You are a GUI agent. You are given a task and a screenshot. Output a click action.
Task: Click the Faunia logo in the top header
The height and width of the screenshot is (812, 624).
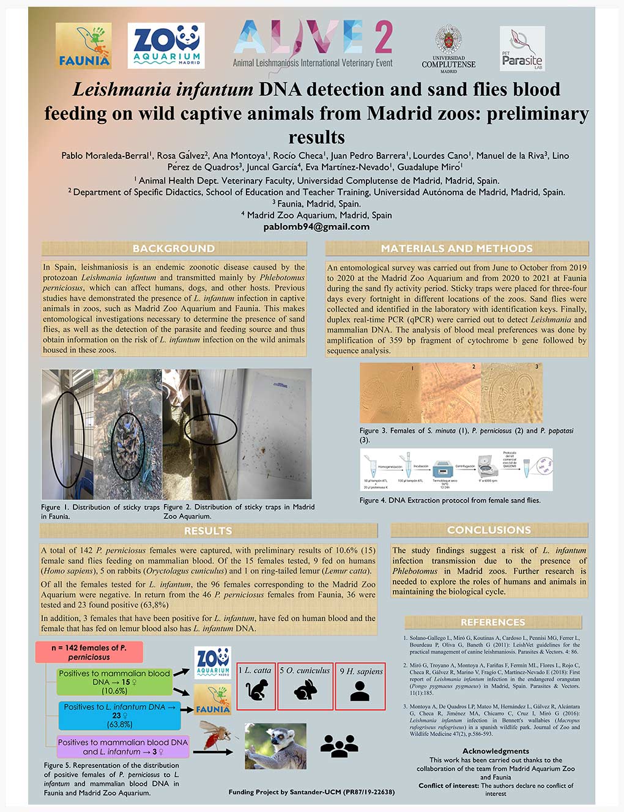click(x=83, y=46)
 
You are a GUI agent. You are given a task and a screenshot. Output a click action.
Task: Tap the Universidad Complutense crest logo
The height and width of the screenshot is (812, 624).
click(x=448, y=48)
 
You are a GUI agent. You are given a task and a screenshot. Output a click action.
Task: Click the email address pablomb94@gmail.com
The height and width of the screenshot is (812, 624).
click(x=316, y=227)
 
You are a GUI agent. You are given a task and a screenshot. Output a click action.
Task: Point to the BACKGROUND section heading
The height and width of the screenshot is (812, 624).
click(x=174, y=248)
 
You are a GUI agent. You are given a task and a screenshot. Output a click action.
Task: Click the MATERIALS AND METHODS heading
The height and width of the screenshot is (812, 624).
click(x=456, y=248)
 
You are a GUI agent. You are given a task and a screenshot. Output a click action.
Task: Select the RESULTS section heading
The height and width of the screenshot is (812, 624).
click(x=208, y=531)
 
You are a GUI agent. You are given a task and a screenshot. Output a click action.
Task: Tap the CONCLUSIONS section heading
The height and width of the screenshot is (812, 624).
click(x=489, y=530)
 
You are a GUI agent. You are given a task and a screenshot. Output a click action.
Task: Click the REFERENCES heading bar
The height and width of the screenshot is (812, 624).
click(x=492, y=622)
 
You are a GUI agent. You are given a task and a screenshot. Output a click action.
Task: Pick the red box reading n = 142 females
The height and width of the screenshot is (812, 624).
click(x=89, y=652)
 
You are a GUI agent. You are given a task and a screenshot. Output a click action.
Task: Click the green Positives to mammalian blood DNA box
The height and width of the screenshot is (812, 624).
click(x=114, y=682)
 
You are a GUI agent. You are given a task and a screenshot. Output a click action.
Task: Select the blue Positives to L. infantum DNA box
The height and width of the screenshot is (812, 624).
click(x=120, y=715)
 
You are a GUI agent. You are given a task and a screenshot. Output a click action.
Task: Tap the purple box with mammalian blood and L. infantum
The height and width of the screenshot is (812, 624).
click(x=124, y=747)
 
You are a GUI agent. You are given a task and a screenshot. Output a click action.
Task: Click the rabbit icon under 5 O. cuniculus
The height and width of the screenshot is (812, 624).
click(x=305, y=691)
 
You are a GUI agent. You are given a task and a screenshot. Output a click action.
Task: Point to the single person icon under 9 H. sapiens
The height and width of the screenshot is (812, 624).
click(x=360, y=691)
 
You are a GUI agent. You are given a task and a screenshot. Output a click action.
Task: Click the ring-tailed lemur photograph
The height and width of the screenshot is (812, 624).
click(x=275, y=746)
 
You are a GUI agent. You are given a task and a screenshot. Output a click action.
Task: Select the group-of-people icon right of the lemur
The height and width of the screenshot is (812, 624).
click(x=339, y=746)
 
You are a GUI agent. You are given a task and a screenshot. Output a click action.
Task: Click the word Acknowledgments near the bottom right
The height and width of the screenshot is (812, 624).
click(x=496, y=751)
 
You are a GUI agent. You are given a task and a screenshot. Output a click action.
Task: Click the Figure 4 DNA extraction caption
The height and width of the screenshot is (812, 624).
click(x=450, y=500)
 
